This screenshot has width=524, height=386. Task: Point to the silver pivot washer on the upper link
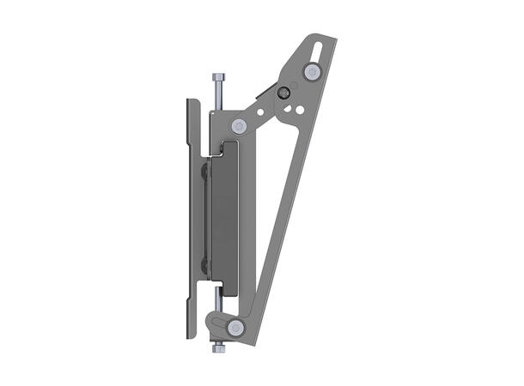point(241,125)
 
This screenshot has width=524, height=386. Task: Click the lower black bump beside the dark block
point(204,264)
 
